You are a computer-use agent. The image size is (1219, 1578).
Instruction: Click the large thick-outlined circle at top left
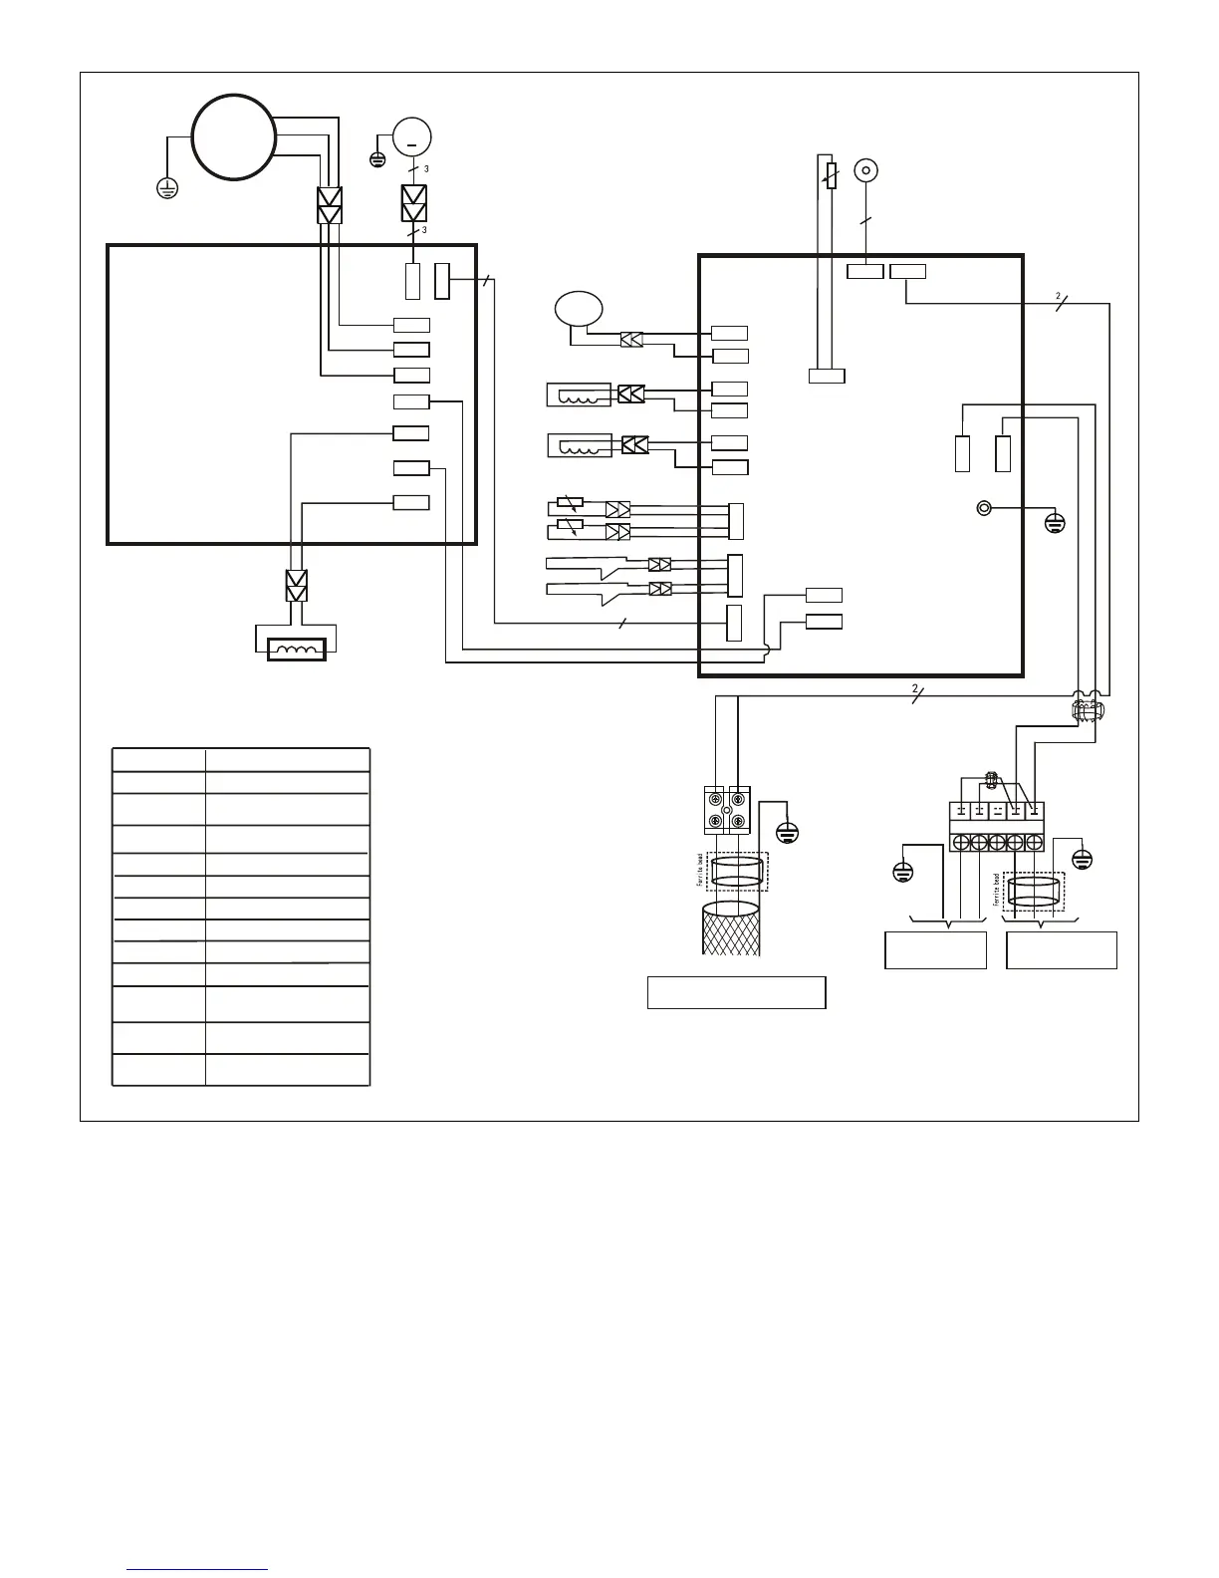point(234,136)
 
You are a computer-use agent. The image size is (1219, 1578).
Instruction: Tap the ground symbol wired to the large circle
point(167,187)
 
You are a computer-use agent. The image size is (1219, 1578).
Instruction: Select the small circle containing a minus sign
point(411,136)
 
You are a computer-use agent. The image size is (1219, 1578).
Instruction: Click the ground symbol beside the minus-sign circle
point(377,159)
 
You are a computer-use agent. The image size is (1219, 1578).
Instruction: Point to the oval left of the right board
point(579,308)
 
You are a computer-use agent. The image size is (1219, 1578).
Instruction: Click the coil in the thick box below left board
point(296,651)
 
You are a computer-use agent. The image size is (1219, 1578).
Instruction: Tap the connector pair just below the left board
point(297,586)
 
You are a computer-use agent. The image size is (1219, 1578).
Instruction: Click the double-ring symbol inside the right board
point(984,508)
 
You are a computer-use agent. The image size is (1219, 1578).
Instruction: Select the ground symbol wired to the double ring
point(1056,522)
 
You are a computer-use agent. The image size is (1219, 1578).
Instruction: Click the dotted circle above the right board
point(866,169)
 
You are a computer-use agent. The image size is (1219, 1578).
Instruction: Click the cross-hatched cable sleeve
point(731,928)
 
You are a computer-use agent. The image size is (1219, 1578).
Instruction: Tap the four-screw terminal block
point(728,810)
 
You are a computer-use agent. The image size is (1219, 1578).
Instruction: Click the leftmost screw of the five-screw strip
point(961,843)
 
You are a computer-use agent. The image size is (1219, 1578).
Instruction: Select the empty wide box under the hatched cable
point(736,993)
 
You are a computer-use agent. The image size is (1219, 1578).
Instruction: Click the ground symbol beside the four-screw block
point(787,833)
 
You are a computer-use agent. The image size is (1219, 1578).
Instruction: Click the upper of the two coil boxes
point(579,394)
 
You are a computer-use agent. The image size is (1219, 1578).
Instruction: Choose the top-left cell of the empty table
point(158,759)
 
